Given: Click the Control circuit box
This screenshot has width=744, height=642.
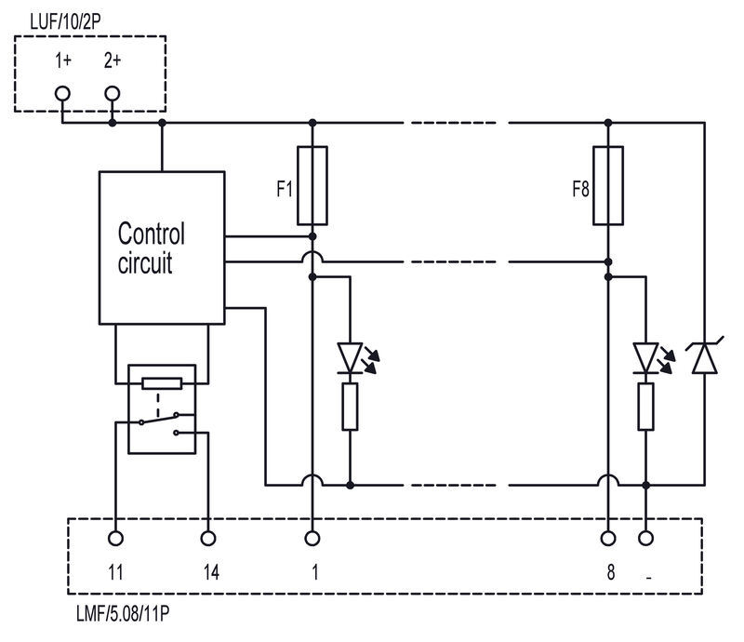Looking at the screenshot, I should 162,247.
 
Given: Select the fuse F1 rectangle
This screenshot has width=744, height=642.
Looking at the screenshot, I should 312,186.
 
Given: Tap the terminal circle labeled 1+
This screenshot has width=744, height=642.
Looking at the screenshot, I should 63,94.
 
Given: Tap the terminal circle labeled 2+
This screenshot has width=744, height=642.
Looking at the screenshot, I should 113,94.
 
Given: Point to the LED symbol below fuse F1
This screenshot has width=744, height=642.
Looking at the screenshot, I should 350,357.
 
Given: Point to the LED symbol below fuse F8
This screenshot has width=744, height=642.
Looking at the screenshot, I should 645,357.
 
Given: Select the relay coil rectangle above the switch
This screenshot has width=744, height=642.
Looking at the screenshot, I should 162,381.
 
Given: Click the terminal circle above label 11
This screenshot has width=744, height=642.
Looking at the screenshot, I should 116,538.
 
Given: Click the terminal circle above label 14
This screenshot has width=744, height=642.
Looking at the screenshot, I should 208,538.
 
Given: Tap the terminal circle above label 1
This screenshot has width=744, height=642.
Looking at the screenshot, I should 312,538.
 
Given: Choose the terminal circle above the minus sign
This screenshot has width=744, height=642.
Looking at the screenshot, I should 645,538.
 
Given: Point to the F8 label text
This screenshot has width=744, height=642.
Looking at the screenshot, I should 581,190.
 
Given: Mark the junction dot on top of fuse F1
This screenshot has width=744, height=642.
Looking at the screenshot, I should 312,122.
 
